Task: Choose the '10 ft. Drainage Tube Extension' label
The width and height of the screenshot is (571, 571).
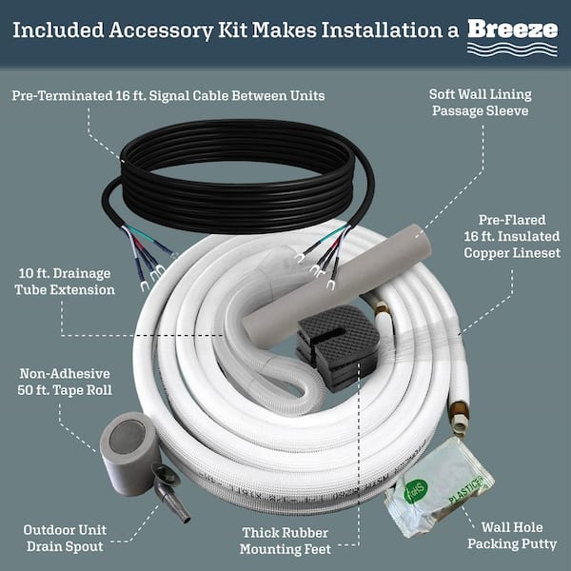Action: click(x=64, y=282)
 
